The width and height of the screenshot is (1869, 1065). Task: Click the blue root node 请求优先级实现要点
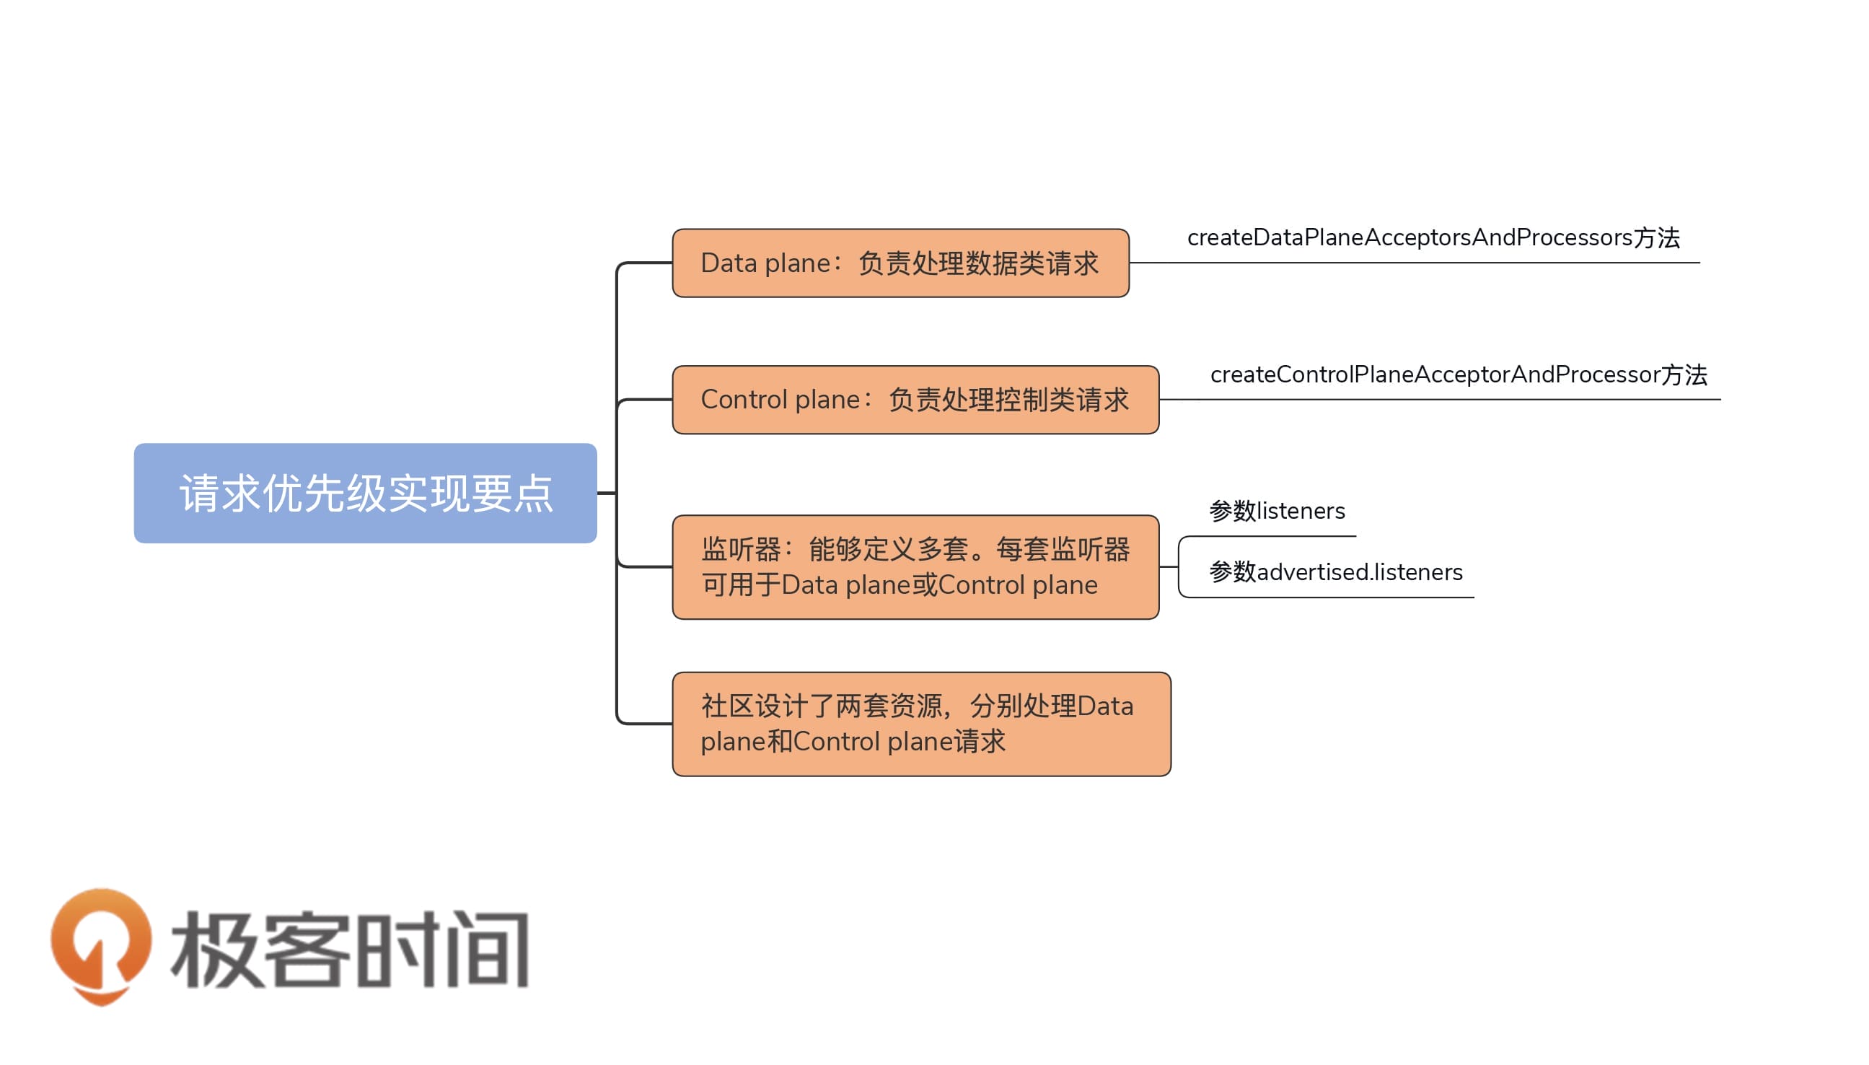(x=365, y=493)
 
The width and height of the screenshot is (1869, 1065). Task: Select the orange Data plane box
(x=900, y=263)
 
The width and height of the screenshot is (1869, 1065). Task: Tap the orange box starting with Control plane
(x=915, y=400)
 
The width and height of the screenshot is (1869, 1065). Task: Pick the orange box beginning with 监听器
(x=915, y=567)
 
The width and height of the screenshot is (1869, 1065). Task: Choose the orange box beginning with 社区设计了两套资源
(x=920, y=724)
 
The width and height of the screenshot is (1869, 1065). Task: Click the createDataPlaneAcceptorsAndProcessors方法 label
(x=1433, y=237)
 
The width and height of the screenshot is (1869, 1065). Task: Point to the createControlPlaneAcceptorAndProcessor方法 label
(x=1458, y=374)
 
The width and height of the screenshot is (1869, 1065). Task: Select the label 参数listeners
(x=1276, y=511)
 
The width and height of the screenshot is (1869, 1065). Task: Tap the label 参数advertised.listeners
(x=1335, y=572)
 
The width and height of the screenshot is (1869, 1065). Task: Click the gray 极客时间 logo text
(x=350, y=949)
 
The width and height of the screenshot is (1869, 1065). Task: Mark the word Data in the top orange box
(x=728, y=263)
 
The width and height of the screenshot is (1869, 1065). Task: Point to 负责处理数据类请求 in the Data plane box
(x=977, y=263)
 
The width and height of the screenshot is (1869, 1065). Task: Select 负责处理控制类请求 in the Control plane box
(x=1008, y=400)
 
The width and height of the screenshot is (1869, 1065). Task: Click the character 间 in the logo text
(x=486, y=949)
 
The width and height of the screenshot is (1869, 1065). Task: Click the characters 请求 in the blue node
(x=220, y=494)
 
